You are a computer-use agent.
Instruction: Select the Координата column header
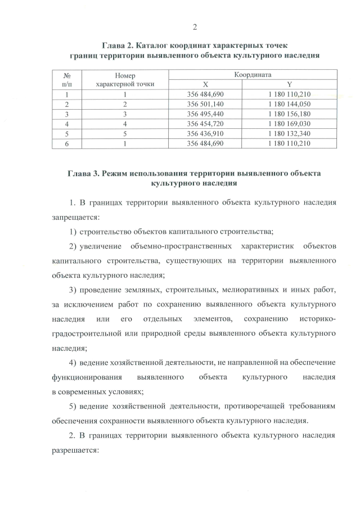point(253,74)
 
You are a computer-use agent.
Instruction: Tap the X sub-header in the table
point(205,84)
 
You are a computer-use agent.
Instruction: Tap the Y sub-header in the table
point(290,84)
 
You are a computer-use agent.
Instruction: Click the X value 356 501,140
point(205,104)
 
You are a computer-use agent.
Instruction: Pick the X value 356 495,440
point(205,114)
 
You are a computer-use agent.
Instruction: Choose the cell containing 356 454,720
point(205,124)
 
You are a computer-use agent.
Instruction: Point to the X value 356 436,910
point(205,133)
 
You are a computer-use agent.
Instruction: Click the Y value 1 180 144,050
point(290,104)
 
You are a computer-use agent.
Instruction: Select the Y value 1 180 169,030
point(290,124)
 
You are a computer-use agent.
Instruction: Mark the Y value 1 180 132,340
point(290,133)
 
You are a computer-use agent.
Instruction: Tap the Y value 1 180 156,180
point(290,114)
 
